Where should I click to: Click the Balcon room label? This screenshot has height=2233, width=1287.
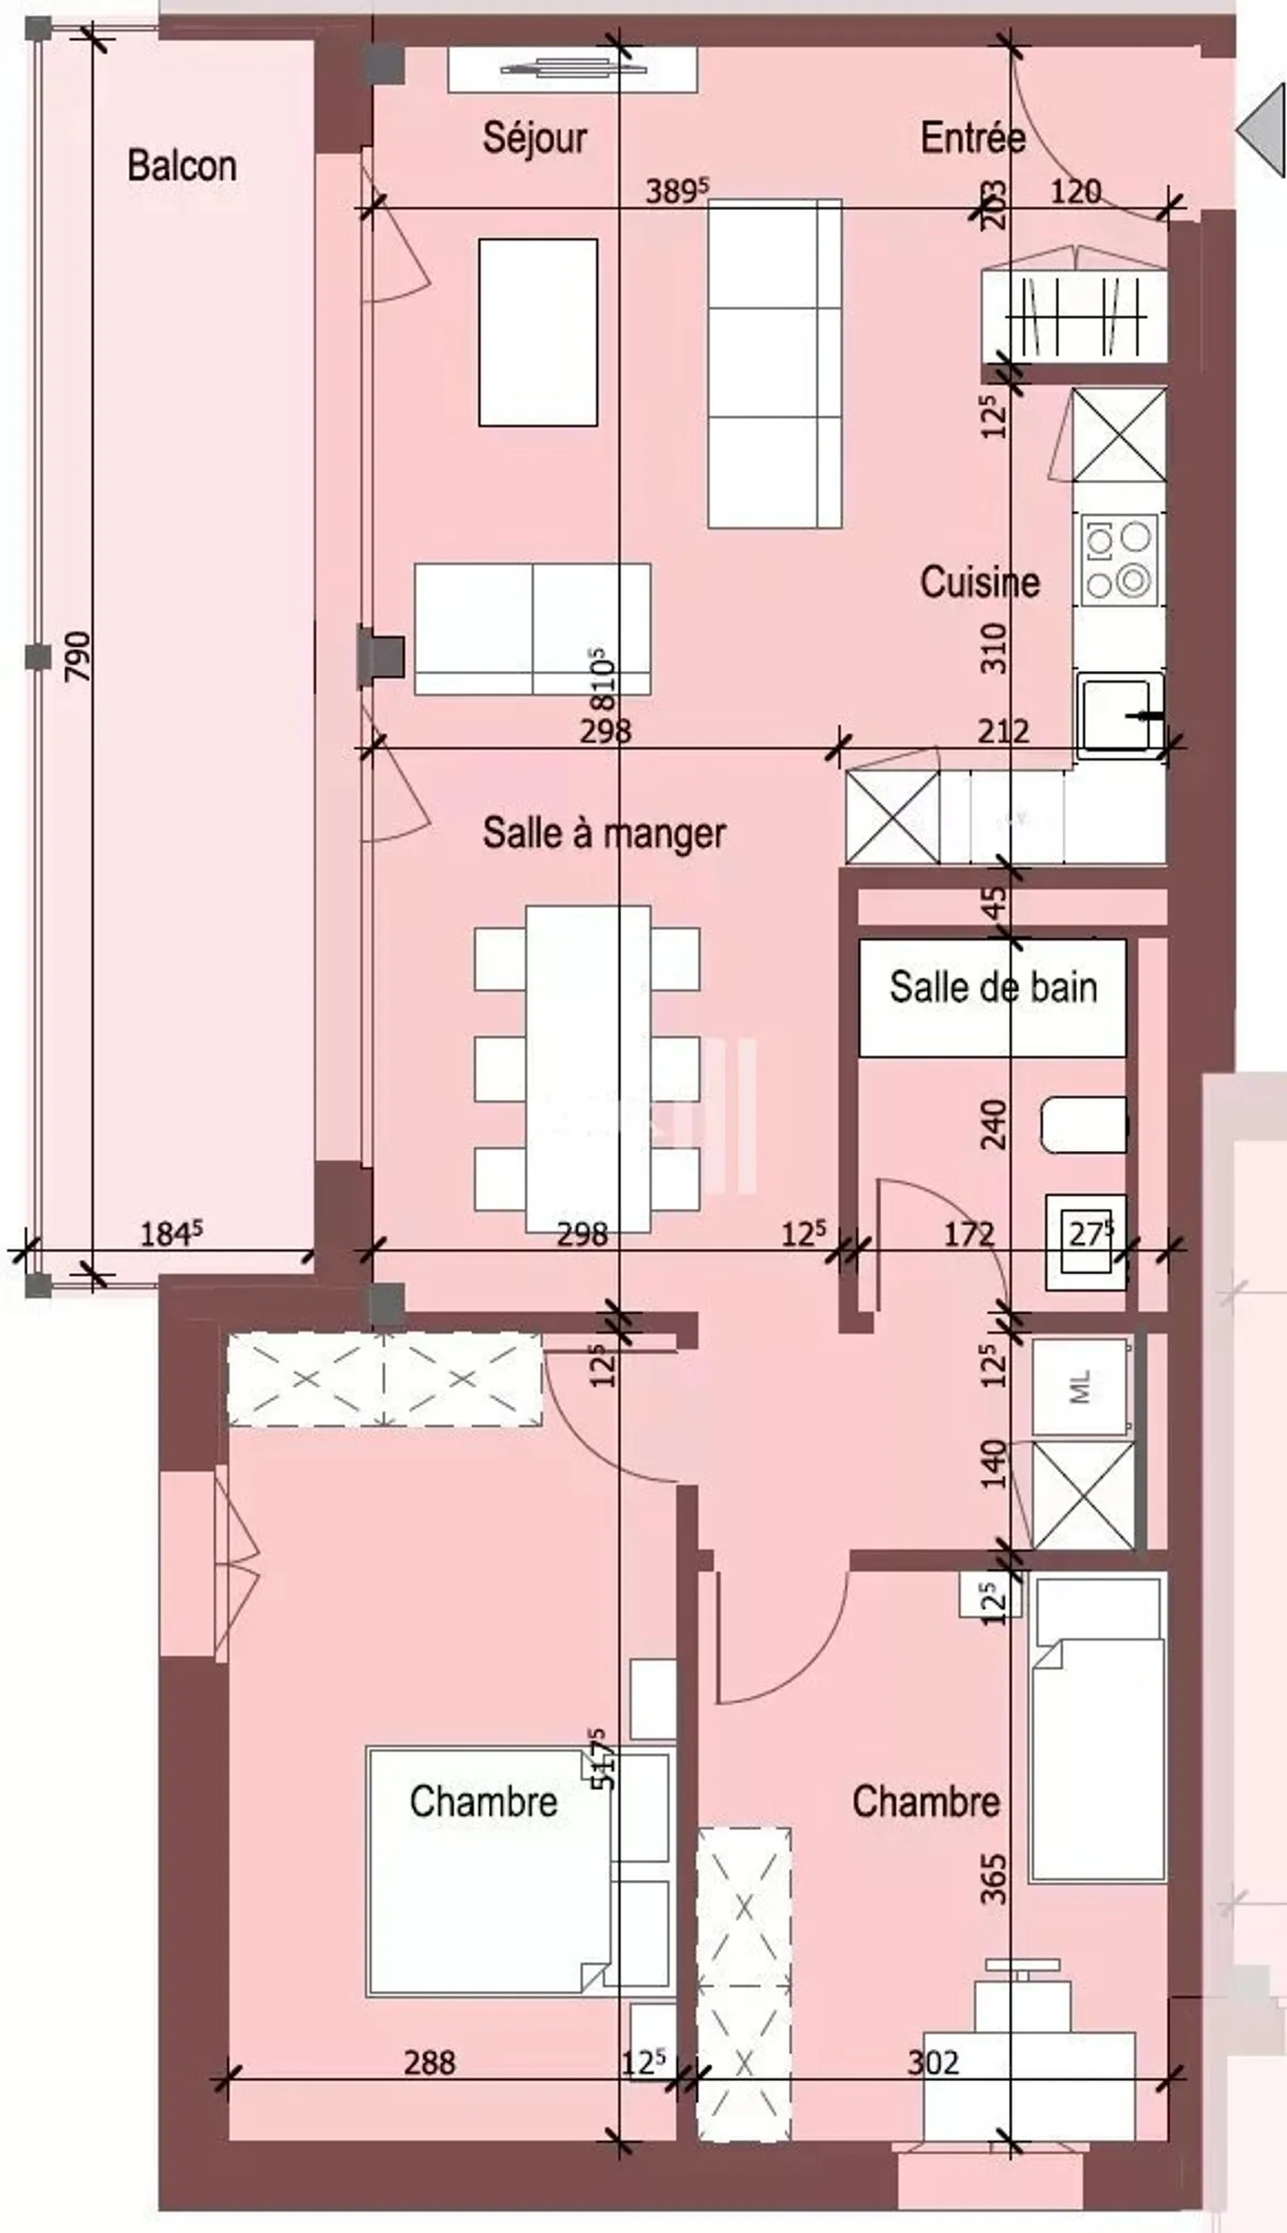pos(181,166)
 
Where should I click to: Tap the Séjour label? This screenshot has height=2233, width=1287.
pos(534,139)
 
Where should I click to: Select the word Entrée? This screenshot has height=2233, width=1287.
pos(972,139)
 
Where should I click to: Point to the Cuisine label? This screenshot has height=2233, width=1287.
pos(980,583)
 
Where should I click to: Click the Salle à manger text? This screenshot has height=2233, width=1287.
pos(604,833)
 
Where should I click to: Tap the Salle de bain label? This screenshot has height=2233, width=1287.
pos(993,987)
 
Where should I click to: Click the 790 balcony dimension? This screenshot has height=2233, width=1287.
pos(79,657)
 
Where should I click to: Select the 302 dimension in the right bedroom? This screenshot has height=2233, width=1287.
pos(933,2062)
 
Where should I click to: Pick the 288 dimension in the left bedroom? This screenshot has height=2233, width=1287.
pos(430,2062)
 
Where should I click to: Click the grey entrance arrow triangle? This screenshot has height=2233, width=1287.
pos(1266,127)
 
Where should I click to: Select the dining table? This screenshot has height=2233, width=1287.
pos(587,1068)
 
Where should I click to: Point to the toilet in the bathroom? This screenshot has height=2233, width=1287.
pos(1083,1125)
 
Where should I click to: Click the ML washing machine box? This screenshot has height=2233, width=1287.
pos(1080,1386)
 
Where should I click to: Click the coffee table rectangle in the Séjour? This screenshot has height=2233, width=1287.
pos(538,332)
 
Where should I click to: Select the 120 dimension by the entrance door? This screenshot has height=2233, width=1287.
pos(1075,192)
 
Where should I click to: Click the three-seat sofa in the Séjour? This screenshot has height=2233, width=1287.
pos(774,363)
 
